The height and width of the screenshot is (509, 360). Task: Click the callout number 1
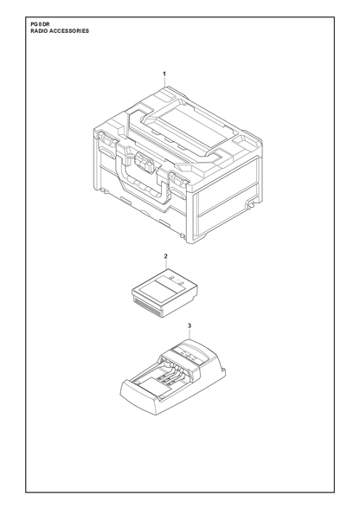[164, 74]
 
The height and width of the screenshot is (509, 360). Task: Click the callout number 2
[165, 256]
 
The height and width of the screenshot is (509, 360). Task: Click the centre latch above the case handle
[144, 163]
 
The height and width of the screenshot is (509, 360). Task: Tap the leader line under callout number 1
[164, 81]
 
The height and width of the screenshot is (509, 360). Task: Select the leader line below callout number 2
[166, 264]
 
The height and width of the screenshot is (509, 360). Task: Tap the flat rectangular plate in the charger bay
[151, 385]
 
